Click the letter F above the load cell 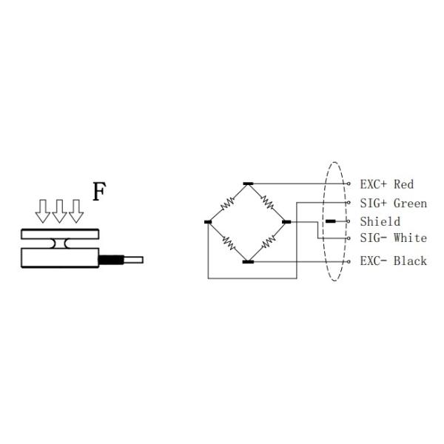click(99, 191)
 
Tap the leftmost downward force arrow click(43, 211)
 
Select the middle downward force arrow click(59, 211)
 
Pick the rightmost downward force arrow click(75, 211)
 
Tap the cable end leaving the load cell click(134, 260)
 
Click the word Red click(403, 184)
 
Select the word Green click(410, 203)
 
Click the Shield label click(380, 221)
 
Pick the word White click(410, 238)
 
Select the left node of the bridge click(208, 221)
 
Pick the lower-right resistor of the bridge click(269, 241)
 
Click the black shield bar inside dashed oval click(330, 221)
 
